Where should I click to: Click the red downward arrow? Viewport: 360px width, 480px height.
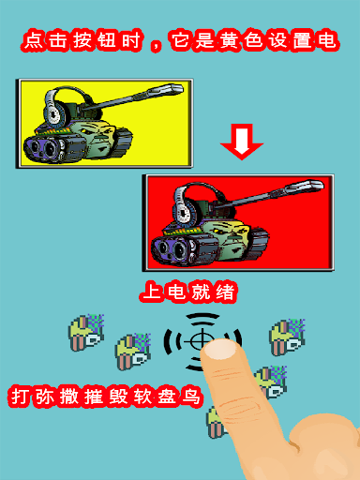pyautogui.click(x=242, y=142)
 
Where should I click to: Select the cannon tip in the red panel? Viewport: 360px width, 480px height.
pyautogui.click(x=315, y=185)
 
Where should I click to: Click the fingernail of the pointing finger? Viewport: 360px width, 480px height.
pyautogui.click(x=221, y=349)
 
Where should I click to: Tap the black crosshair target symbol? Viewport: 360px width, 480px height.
pyautogui.click(x=202, y=342)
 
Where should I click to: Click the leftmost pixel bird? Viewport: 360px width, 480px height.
pyautogui.click(x=85, y=332)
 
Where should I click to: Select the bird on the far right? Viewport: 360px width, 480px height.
pyautogui.click(x=287, y=337)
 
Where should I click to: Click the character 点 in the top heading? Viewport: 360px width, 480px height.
pyautogui.click(x=34, y=40)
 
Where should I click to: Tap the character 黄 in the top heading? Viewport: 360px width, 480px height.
pyautogui.click(x=229, y=40)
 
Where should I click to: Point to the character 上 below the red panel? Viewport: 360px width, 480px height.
pyautogui.click(x=152, y=292)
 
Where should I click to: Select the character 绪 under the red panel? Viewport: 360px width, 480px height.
pyautogui.click(x=224, y=292)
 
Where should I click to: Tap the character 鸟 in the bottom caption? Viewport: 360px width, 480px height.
pyautogui.click(x=191, y=397)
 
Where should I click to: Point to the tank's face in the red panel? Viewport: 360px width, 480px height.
pyautogui.click(x=232, y=236)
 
